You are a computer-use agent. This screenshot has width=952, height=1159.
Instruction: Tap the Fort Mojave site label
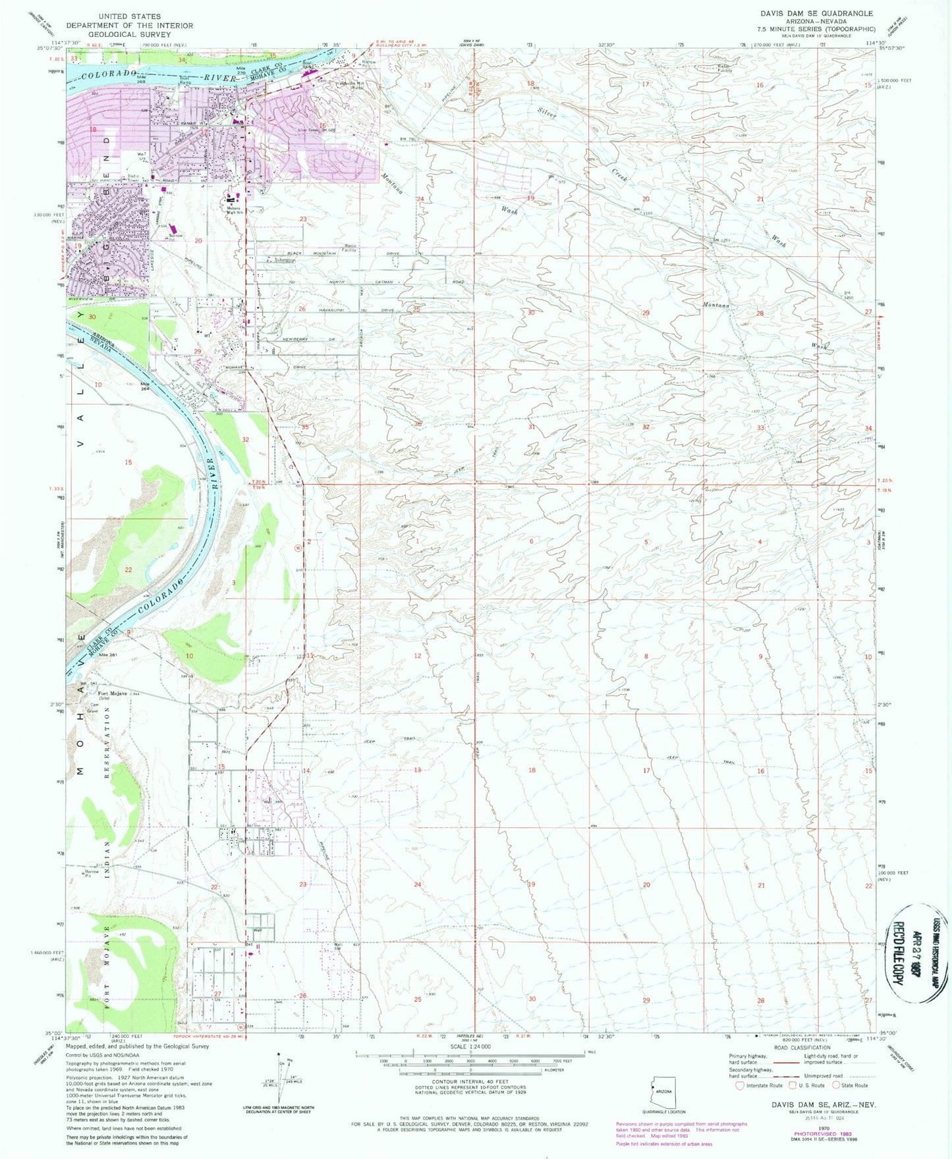coord(113,693)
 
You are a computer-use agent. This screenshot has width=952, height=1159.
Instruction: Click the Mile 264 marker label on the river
coord(144,386)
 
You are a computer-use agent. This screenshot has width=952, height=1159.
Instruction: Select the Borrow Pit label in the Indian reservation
coord(92,873)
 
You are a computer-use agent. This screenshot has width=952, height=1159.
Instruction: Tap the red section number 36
coord(417,424)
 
